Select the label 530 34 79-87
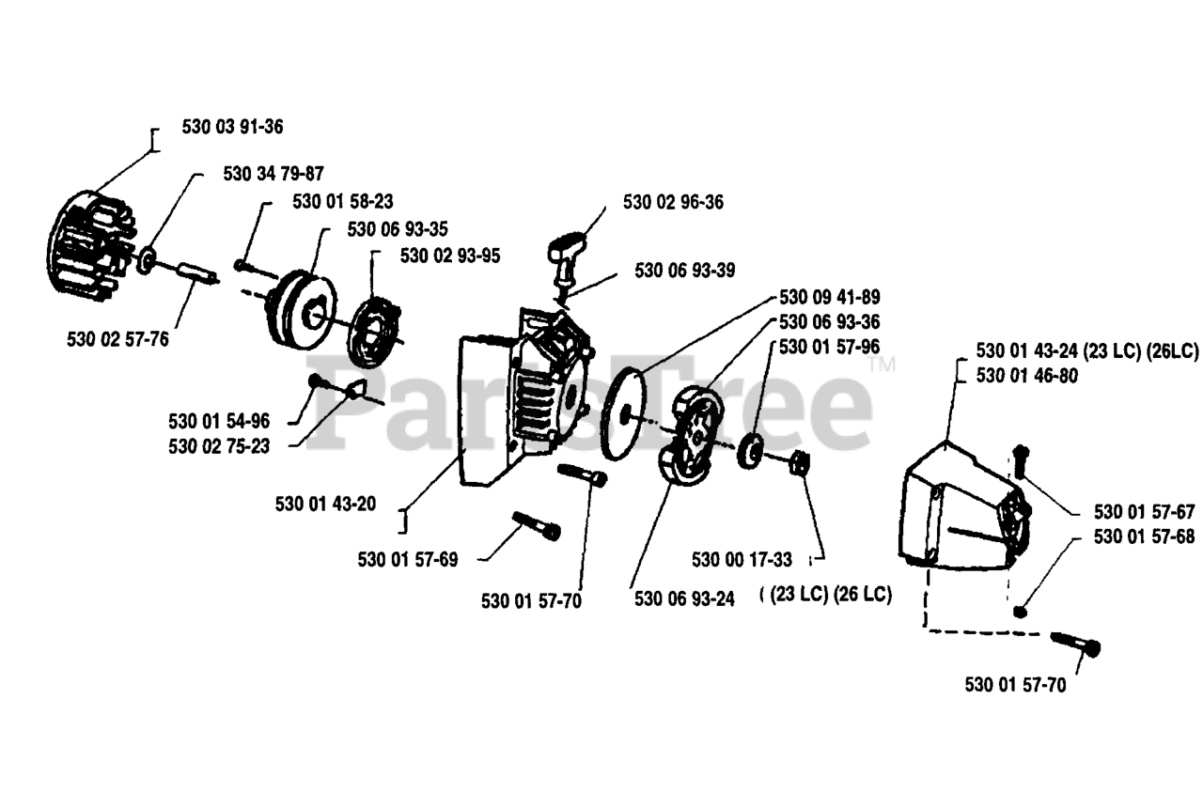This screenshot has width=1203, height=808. point(273,174)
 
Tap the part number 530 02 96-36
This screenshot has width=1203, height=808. point(673,202)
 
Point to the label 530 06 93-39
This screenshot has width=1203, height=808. point(685,271)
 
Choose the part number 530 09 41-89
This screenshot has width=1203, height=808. point(830,298)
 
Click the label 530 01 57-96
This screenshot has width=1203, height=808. point(830,347)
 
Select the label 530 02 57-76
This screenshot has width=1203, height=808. point(118,339)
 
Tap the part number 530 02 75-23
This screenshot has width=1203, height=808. point(219,446)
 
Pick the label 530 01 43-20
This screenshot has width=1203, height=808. point(326,504)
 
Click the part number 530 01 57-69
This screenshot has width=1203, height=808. point(408,560)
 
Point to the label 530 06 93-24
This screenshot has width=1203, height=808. point(684,598)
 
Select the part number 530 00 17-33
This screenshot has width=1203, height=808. point(742,560)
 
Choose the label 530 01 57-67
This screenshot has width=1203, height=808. point(1145,512)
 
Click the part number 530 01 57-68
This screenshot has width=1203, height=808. point(1145,537)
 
